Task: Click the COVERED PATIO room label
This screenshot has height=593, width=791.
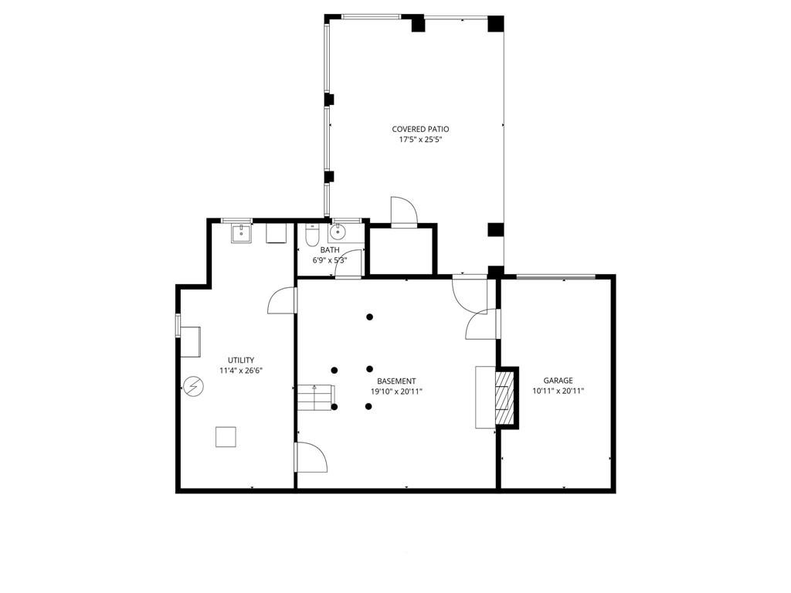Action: click(x=420, y=129)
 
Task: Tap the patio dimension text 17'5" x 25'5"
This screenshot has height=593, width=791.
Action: click(x=420, y=141)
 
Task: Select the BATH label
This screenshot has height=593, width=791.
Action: click(x=330, y=249)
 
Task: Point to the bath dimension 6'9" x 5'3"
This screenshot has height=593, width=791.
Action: click(x=330, y=260)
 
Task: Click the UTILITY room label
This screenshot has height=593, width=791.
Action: click(x=241, y=360)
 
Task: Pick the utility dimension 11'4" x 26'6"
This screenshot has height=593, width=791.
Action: click(x=241, y=371)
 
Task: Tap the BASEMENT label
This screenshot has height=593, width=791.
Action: click(x=396, y=381)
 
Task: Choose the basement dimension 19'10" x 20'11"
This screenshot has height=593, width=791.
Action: click(x=396, y=391)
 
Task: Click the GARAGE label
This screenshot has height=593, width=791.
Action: click(x=558, y=380)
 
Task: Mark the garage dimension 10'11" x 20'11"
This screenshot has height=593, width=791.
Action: click(x=558, y=391)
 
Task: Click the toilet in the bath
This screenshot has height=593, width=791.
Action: click(x=311, y=234)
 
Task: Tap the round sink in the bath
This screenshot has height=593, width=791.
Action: click(x=338, y=232)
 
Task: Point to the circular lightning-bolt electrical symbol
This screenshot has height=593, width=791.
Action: click(x=193, y=385)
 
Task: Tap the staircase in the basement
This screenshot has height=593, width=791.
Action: click(x=315, y=398)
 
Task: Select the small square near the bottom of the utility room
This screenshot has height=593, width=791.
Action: click(x=226, y=437)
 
